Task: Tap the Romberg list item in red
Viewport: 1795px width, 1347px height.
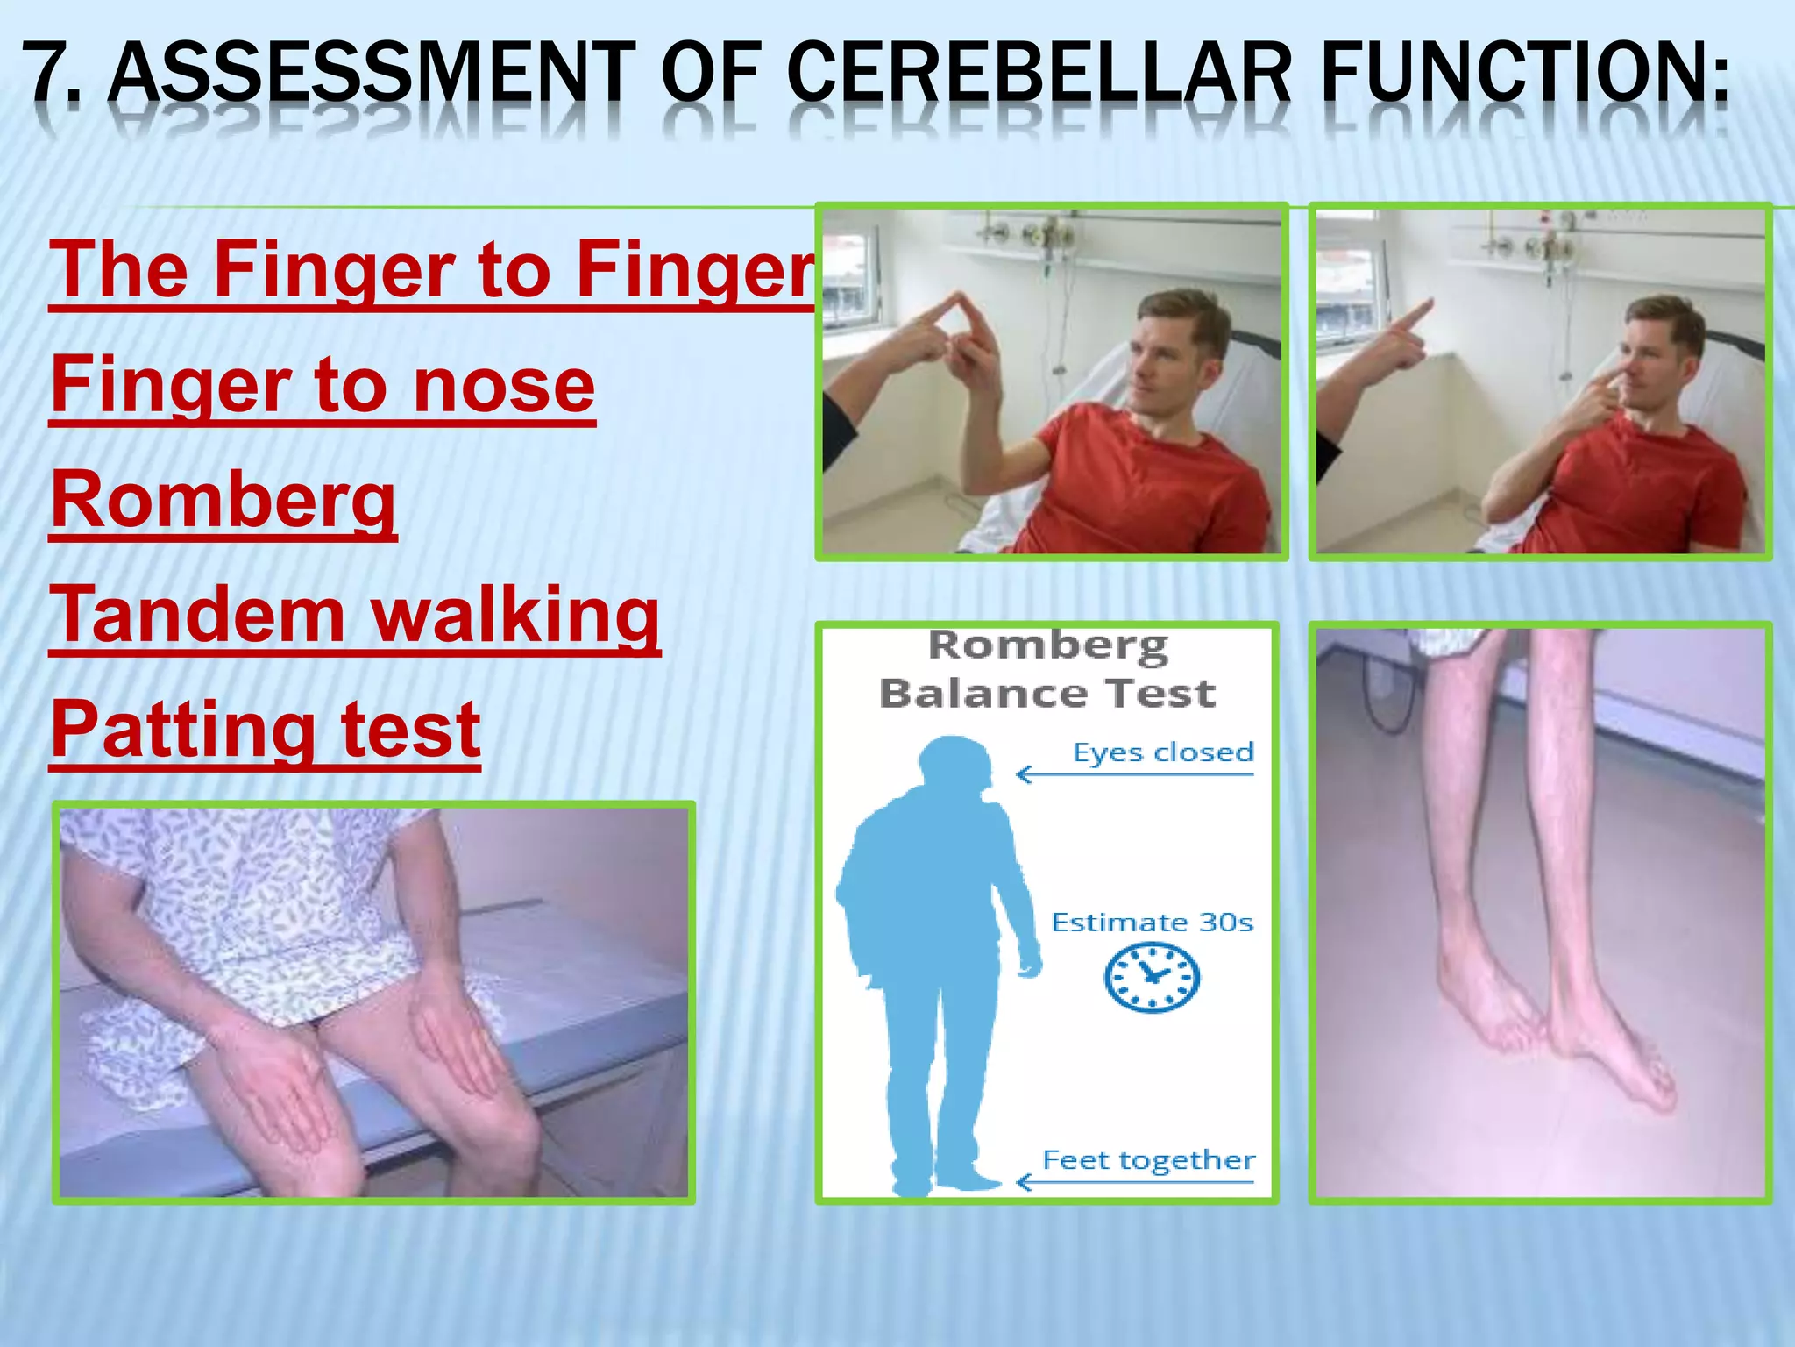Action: click(223, 499)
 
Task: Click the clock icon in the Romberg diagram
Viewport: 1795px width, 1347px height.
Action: click(1151, 977)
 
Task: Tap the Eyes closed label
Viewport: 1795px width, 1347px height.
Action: click(1163, 752)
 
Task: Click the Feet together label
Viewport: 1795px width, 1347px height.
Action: click(1148, 1160)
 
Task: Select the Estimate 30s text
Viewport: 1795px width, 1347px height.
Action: click(1152, 923)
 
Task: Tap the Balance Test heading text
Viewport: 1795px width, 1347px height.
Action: click(1047, 694)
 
